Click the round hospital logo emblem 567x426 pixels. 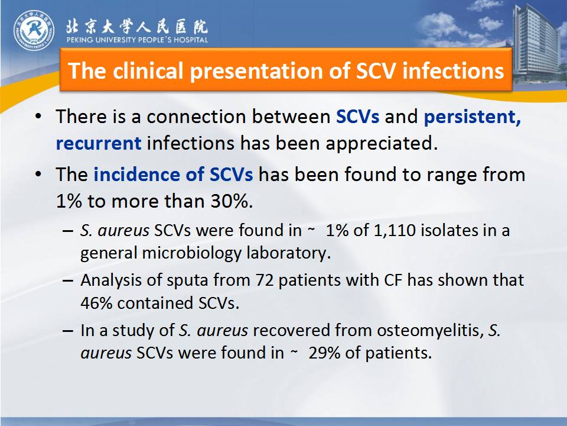click(34, 30)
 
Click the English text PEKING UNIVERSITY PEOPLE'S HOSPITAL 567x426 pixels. click(138, 40)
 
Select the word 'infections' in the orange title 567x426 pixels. click(453, 70)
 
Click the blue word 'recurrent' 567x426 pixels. click(99, 143)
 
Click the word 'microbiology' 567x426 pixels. click(191, 253)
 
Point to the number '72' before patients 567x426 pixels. click(265, 280)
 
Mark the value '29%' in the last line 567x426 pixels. click(324, 353)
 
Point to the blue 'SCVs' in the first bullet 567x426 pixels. click(358, 117)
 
